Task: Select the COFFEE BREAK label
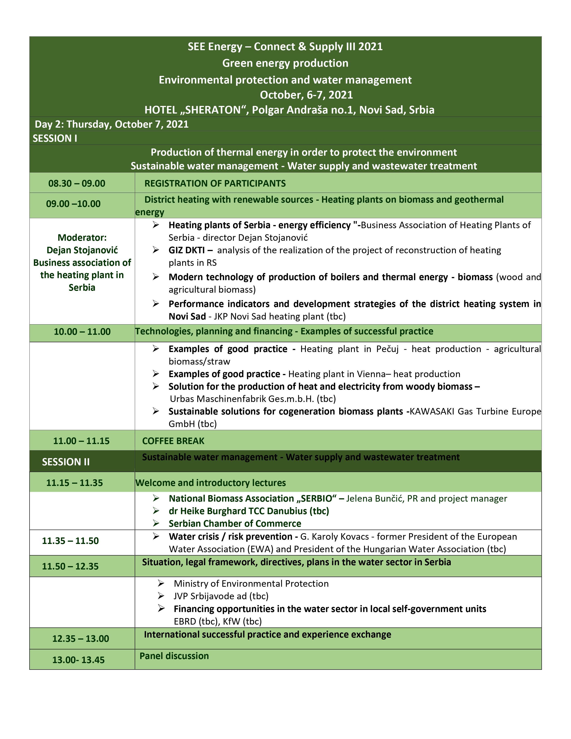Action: coord(173,441)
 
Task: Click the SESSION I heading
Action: coord(55,138)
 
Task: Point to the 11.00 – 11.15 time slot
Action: coord(81,441)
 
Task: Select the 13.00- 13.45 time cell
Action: coord(78,660)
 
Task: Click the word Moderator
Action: coord(82,238)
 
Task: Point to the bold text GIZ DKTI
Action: coord(187,250)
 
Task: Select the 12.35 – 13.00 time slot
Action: coord(81,638)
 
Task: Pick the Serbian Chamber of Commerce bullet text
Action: coord(235,524)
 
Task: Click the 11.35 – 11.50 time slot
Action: coord(70,541)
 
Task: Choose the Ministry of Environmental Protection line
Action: coord(251,583)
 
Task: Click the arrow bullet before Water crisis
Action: coord(156,536)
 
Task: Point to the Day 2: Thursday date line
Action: coord(112,124)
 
